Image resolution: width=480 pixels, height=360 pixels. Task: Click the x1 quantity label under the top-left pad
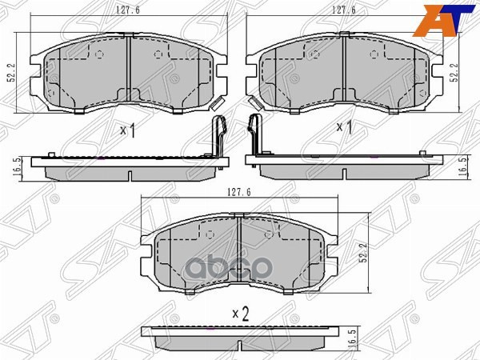[126, 130]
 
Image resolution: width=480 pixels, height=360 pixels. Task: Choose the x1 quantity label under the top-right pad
[345, 126]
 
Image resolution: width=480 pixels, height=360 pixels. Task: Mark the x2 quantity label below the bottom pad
[241, 314]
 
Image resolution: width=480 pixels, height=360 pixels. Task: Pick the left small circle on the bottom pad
[209, 236]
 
